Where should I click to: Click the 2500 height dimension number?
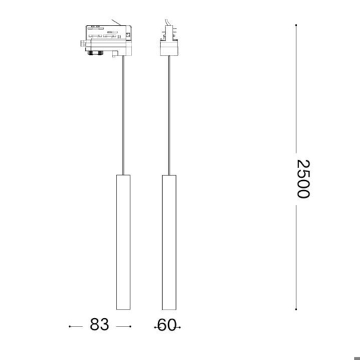coord(303,179)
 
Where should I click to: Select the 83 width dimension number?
coord(99,325)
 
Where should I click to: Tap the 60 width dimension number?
coord(167,325)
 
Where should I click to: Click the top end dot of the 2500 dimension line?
coord(296,25)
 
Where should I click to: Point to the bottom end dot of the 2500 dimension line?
coord(296,309)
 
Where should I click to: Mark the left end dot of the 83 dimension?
coord(69,326)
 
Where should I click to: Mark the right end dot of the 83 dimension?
coord(130,326)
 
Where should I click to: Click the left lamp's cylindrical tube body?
coord(123,242)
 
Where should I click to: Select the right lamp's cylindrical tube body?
coord(170,242)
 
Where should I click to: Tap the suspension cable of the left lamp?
coord(123,115)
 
